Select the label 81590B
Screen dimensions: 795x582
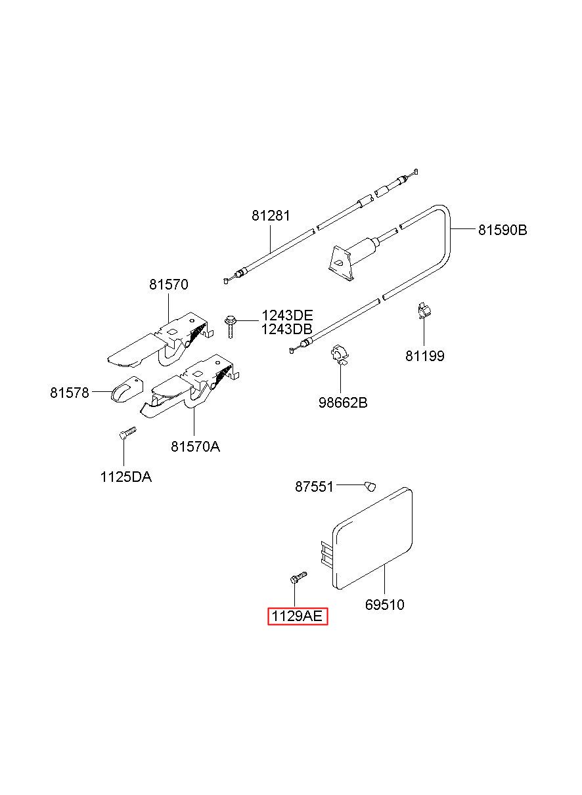(x=502, y=230)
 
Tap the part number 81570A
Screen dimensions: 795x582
(x=195, y=446)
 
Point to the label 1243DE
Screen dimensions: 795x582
(x=287, y=316)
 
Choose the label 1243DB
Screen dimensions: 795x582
(x=287, y=329)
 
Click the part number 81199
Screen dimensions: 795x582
(x=424, y=356)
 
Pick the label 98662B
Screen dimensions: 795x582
(x=343, y=402)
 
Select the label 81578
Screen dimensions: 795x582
(x=69, y=393)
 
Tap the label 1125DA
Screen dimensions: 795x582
(x=125, y=477)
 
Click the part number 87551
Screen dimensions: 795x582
(x=314, y=486)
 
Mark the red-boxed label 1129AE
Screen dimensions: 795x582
(x=297, y=617)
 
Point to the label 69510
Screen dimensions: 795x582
(x=384, y=604)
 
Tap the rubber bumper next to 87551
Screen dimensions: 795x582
(x=370, y=486)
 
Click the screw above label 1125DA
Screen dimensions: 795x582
(x=127, y=432)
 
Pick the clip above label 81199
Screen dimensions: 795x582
(x=424, y=311)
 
